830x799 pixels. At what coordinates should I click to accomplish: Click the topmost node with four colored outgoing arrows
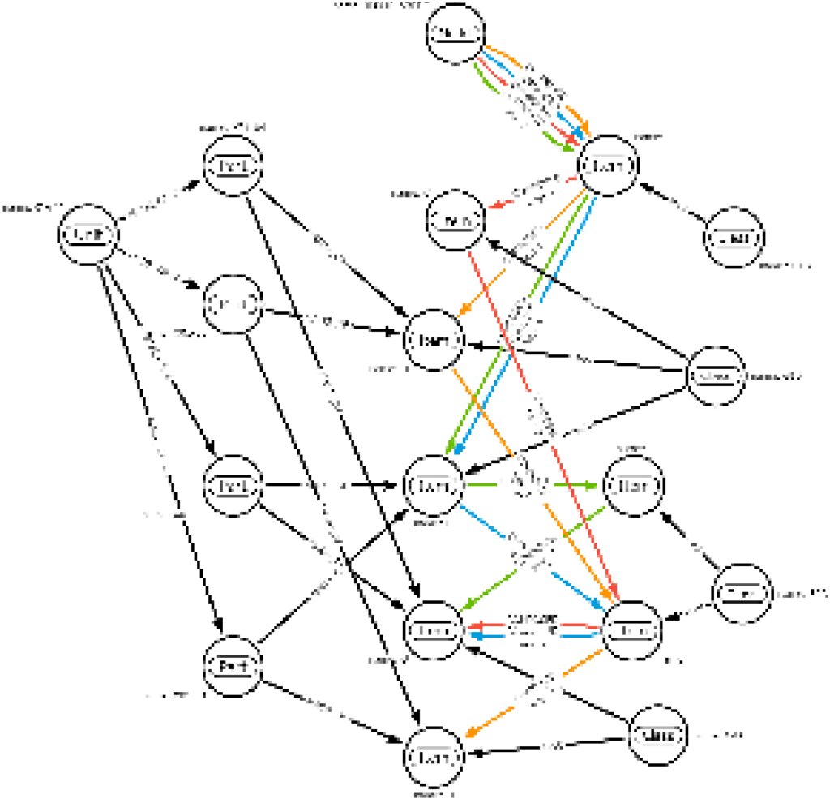[x=456, y=33]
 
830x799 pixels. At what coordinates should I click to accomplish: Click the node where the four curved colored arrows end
[x=606, y=166]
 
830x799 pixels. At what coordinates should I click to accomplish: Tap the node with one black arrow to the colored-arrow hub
[x=733, y=239]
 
